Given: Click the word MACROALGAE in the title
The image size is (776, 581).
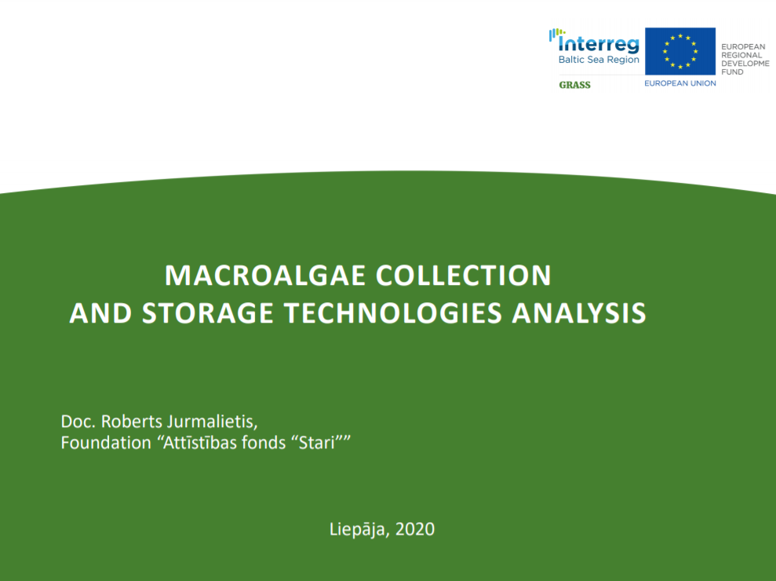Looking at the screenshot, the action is (264, 276).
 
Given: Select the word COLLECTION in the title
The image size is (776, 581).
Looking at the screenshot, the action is (463, 276).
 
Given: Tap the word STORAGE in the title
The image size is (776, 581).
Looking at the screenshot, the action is (207, 313).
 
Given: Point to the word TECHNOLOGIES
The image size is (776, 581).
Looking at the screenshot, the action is (393, 313).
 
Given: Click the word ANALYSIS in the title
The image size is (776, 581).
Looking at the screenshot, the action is (579, 313).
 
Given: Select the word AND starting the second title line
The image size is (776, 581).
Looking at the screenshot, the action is (100, 313).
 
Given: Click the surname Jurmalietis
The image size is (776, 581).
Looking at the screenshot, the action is (213, 422).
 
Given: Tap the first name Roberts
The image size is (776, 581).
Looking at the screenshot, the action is (132, 422).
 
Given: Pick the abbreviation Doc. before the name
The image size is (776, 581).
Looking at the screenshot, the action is (78, 422).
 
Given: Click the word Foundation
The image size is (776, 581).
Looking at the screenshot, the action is (106, 442).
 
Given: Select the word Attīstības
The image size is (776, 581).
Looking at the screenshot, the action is (196, 442).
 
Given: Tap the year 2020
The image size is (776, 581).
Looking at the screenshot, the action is (415, 529).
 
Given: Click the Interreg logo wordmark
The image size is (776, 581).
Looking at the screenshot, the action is (595, 42).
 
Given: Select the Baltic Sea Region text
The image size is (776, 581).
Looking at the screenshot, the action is (599, 60).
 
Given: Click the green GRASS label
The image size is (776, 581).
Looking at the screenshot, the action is (574, 85).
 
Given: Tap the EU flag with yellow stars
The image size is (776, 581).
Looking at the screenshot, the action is (680, 52).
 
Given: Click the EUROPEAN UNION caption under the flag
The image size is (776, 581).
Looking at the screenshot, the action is (680, 83).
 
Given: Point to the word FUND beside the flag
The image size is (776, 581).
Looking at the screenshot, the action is (732, 71).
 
